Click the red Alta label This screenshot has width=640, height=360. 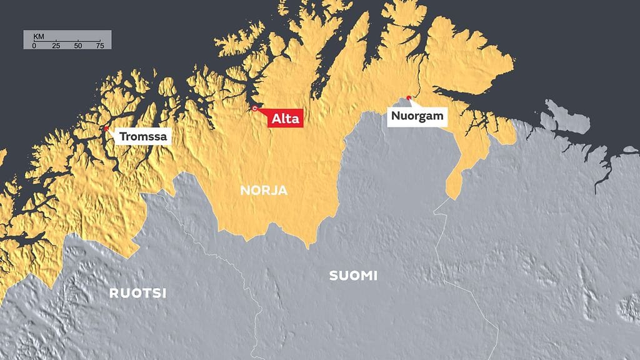[286, 118]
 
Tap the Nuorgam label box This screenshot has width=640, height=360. [417, 116]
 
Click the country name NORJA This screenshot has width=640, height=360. [264, 191]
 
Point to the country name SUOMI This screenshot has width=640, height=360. [353, 276]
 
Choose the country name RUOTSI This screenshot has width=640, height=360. [137, 292]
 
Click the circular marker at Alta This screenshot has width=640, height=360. [255, 109]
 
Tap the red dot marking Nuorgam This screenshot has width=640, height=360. [409, 97]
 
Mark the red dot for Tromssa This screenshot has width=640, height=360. [106, 129]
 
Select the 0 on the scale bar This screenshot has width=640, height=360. [34, 46]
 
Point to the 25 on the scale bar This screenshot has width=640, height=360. [56, 46]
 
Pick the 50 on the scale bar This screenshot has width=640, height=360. [77, 46]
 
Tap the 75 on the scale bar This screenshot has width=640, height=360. [99, 46]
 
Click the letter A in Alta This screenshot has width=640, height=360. [276, 118]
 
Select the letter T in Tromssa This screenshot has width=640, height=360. [122, 136]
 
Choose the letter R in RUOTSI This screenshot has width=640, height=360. [114, 292]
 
